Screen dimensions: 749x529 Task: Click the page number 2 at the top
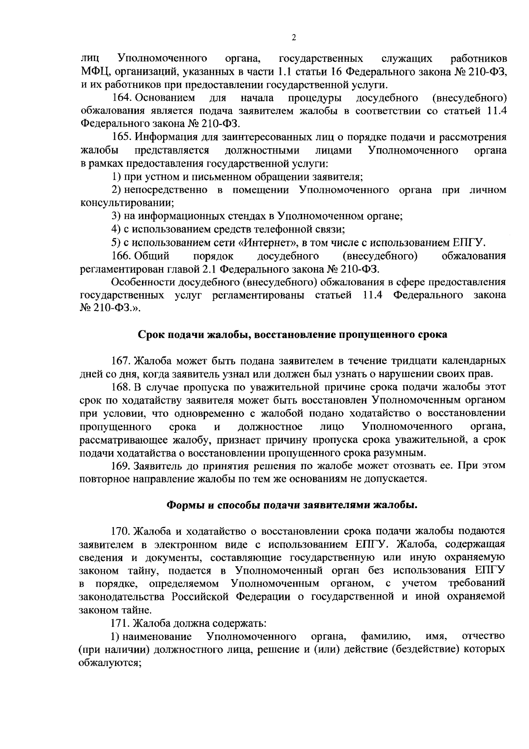coord(294,38)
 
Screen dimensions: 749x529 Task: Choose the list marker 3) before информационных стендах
coord(116,217)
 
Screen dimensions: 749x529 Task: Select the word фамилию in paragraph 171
coord(386,637)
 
